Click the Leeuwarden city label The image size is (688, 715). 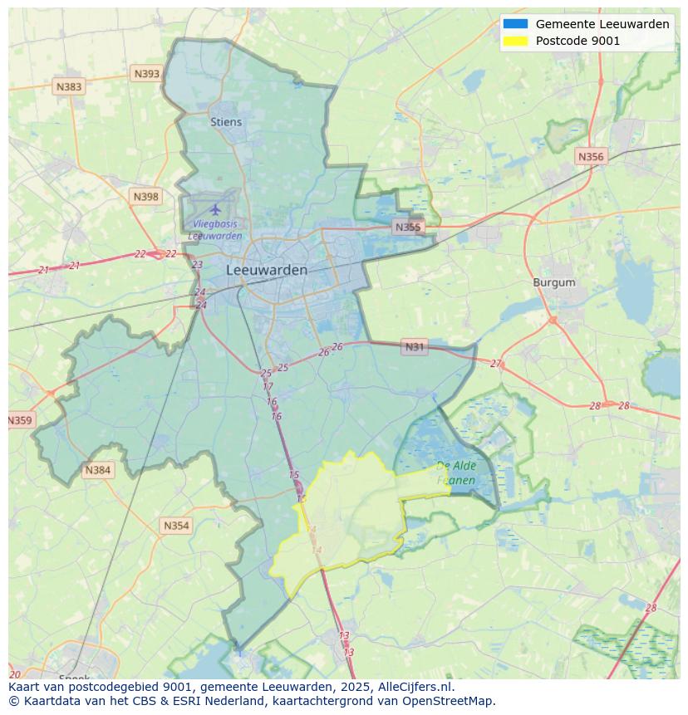(267, 270)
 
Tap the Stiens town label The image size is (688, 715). (226, 122)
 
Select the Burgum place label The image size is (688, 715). (553, 282)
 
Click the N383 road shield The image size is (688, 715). (69, 86)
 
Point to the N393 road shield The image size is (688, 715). (146, 74)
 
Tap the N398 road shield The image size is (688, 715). (145, 197)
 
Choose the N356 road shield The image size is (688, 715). (591, 156)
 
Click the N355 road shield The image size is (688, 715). (408, 227)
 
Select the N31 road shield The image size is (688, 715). (414, 347)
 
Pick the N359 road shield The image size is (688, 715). (19, 420)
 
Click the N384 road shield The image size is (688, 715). (97, 470)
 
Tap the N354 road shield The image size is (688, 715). (176, 526)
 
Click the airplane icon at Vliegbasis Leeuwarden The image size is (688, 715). (216, 208)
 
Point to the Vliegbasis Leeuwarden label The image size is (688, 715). (215, 230)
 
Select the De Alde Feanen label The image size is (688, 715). (455, 473)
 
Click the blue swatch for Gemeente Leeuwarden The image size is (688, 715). (515, 24)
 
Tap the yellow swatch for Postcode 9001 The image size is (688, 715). (515, 41)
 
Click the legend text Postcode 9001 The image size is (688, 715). (577, 41)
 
